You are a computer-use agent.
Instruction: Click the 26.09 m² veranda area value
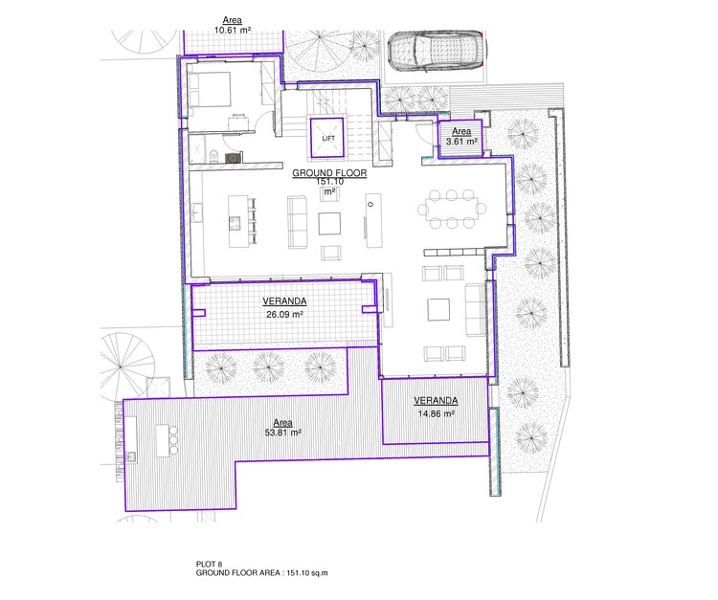click(x=283, y=314)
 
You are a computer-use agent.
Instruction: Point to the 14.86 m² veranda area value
click(x=435, y=414)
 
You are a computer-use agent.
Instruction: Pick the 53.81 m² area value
click(x=282, y=433)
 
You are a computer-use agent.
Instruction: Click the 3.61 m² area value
click(x=460, y=142)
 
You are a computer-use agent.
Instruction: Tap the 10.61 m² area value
click(x=231, y=30)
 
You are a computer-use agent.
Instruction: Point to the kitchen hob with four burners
click(x=234, y=224)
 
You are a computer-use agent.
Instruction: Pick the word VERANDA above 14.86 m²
click(x=436, y=400)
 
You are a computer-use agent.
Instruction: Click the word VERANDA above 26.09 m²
click(x=283, y=300)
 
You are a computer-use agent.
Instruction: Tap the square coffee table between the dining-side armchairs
click(x=439, y=309)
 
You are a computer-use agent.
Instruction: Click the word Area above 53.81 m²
click(x=282, y=421)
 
